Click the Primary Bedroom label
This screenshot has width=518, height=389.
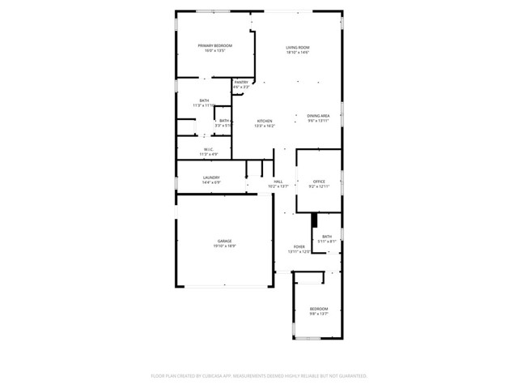[215, 45]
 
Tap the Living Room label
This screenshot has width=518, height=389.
[297, 48]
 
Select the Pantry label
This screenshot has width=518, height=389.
[241, 82]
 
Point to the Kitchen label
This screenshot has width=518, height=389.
[265, 121]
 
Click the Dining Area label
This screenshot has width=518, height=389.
[318, 115]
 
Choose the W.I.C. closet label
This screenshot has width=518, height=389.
[208, 149]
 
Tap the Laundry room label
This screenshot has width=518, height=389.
[211, 177]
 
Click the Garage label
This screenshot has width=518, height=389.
[224, 241]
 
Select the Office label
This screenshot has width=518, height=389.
[319, 181]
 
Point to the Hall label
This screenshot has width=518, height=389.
[278, 181]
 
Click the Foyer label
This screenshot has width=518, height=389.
[299, 246]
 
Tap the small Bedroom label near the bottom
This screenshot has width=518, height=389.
[319, 309]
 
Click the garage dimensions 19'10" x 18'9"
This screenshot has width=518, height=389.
[224, 246]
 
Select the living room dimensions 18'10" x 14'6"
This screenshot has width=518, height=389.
[297, 53]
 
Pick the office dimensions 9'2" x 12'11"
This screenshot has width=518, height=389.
[319, 186]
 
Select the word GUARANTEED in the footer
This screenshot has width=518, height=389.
[351, 376]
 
